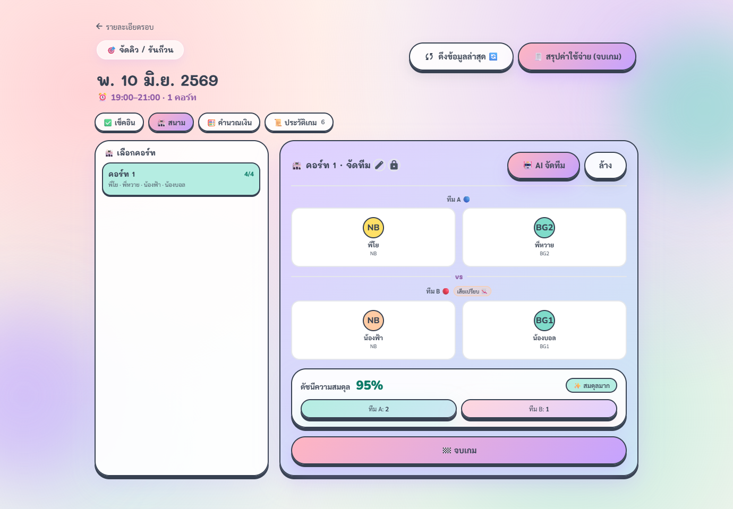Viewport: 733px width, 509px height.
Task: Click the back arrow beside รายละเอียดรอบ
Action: [99, 26]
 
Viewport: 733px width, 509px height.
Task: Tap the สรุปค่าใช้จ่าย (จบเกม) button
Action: [577, 57]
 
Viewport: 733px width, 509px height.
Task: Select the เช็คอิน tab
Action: [120, 123]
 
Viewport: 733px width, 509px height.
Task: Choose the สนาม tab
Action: [171, 123]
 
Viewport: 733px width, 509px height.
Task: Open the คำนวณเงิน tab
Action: [229, 123]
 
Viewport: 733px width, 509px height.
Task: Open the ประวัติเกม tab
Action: [299, 123]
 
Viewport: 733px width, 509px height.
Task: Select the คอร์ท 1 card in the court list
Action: [181, 179]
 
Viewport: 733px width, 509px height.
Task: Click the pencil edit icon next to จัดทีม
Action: [379, 165]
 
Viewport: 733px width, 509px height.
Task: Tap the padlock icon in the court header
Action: [394, 165]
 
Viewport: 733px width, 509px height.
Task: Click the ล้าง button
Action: [606, 166]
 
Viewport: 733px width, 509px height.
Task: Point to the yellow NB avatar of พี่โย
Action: [373, 228]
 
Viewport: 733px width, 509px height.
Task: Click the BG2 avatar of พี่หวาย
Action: [544, 228]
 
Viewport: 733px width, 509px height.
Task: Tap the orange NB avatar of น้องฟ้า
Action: [373, 321]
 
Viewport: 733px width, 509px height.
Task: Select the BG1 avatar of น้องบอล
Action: [544, 321]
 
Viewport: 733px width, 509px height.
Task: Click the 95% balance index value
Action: [370, 385]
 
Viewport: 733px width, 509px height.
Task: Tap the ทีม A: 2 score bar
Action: [379, 409]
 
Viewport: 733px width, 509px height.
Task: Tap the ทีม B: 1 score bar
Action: [539, 409]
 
